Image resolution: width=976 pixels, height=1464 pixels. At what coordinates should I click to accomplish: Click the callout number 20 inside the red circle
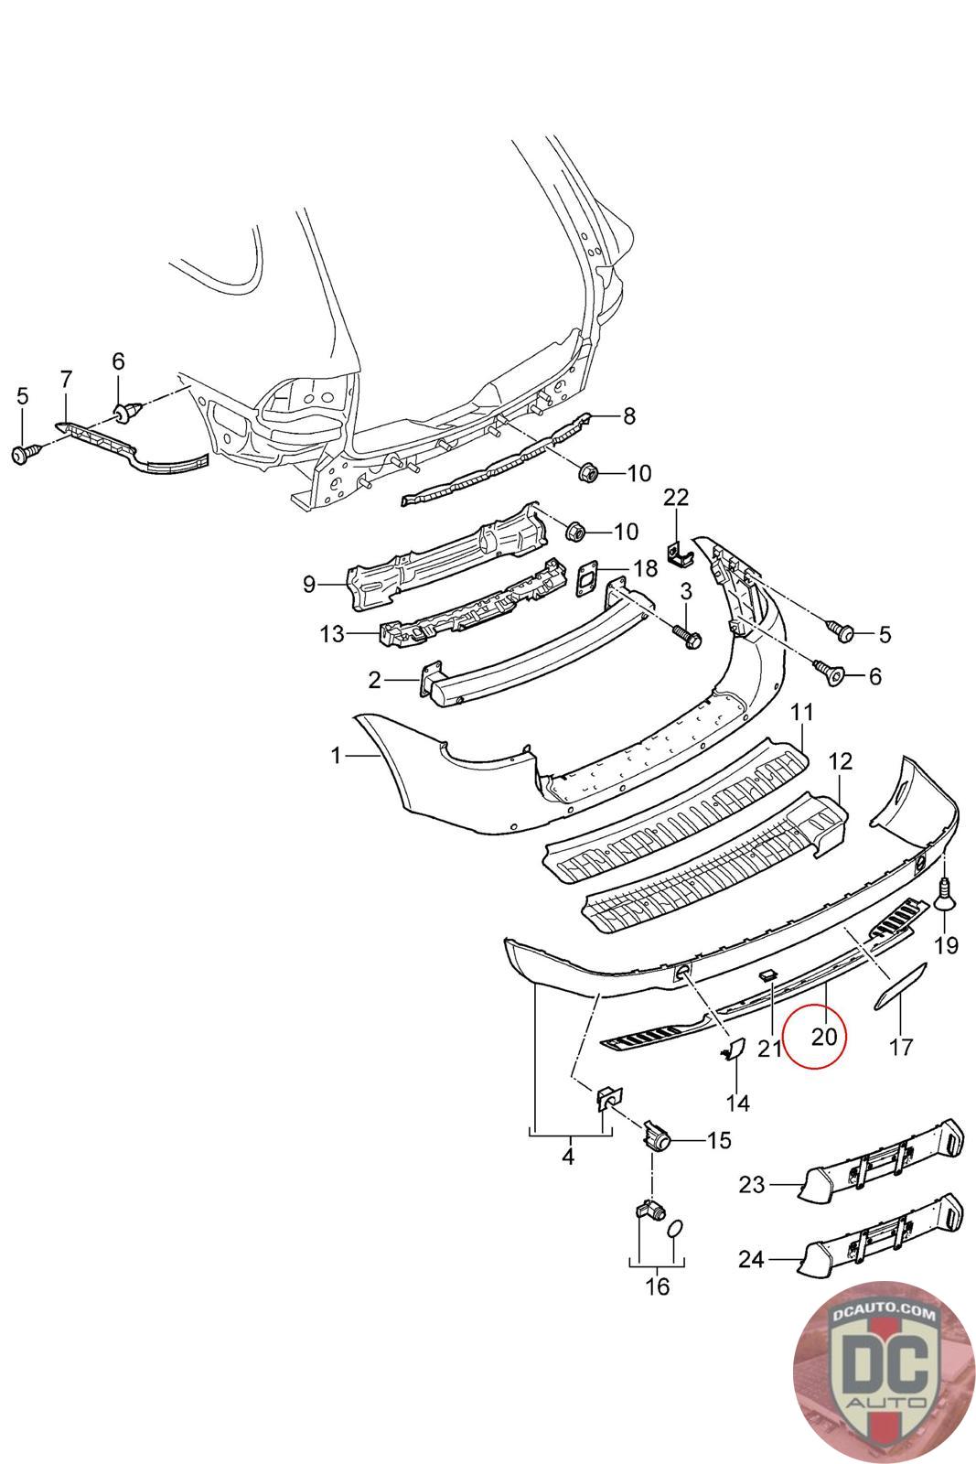point(823,1036)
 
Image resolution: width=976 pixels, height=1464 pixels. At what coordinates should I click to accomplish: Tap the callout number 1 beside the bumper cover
point(336,755)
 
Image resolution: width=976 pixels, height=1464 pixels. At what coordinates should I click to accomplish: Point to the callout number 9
point(308,583)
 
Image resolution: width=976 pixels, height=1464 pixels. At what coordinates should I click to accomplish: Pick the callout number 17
point(901,1046)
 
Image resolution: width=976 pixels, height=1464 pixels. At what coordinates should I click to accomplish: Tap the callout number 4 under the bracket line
point(568,1157)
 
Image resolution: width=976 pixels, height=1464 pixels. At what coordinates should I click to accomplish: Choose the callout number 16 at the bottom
point(657,1286)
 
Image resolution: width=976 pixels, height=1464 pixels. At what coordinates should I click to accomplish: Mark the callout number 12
point(840,761)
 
